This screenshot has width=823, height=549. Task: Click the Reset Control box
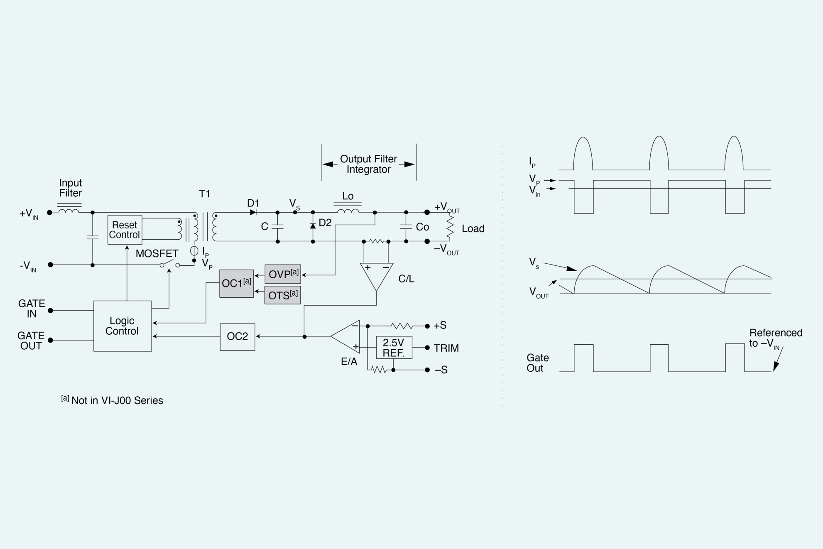click(x=125, y=230)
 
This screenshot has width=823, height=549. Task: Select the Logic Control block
click(x=122, y=326)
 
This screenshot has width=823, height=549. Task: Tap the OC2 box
click(x=238, y=337)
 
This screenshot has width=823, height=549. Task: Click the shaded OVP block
click(x=283, y=274)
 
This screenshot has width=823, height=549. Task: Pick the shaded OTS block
click(x=282, y=295)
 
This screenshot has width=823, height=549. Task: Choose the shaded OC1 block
click(x=236, y=284)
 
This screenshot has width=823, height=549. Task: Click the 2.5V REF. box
click(x=394, y=348)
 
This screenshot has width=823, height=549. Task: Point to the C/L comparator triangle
click(x=377, y=275)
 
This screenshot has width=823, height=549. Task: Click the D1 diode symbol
click(x=253, y=212)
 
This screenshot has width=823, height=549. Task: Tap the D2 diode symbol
click(x=313, y=225)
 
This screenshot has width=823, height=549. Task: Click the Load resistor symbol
click(x=450, y=227)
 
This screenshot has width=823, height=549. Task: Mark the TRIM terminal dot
click(x=427, y=348)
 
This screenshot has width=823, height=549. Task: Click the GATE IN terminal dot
click(x=50, y=310)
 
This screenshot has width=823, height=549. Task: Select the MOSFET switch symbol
click(x=169, y=264)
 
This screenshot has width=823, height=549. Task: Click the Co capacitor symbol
click(x=406, y=227)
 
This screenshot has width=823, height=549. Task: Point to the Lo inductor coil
click(x=348, y=211)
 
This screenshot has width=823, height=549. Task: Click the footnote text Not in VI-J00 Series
click(x=117, y=400)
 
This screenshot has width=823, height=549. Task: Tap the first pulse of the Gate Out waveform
click(x=583, y=357)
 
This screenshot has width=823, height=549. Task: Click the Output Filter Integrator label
click(x=368, y=164)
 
